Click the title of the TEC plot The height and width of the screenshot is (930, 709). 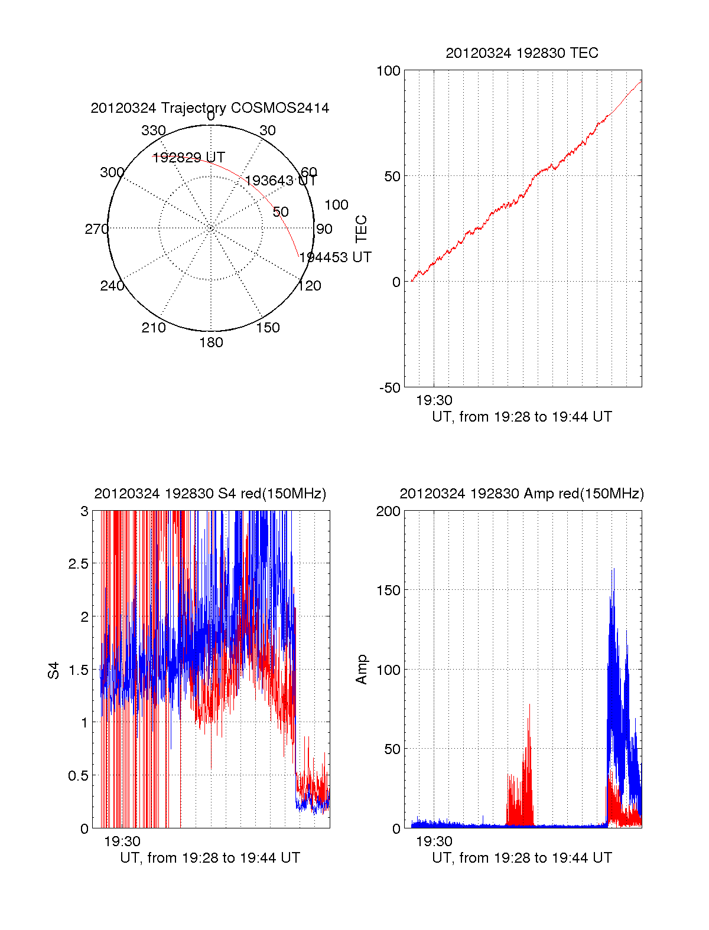(x=522, y=53)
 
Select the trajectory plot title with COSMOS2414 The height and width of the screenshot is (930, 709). (x=210, y=108)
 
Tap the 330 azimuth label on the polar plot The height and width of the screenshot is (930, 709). (x=154, y=130)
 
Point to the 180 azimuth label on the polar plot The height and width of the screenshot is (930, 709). (x=211, y=342)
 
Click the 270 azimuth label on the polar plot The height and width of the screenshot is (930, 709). (x=96, y=229)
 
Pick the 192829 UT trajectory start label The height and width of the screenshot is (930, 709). (x=188, y=158)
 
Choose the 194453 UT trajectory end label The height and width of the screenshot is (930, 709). (x=335, y=257)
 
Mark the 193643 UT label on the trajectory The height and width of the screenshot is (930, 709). (x=281, y=181)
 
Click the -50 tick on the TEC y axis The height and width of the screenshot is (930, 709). (x=390, y=388)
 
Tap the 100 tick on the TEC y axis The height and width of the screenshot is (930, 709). (x=388, y=71)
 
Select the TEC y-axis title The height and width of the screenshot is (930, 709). (x=361, y=229)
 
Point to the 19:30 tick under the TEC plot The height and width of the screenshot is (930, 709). (x=434, y=401)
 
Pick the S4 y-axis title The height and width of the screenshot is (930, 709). (x=54, y=670)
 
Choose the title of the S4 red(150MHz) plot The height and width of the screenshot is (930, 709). (x=210, y=494)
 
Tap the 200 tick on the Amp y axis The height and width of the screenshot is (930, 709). (x=388, y=511)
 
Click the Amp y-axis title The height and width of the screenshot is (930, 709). (x=361, y=670)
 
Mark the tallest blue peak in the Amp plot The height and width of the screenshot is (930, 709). (x=613, y=569)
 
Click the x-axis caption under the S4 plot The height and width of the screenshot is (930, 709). (x=210, y=858)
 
